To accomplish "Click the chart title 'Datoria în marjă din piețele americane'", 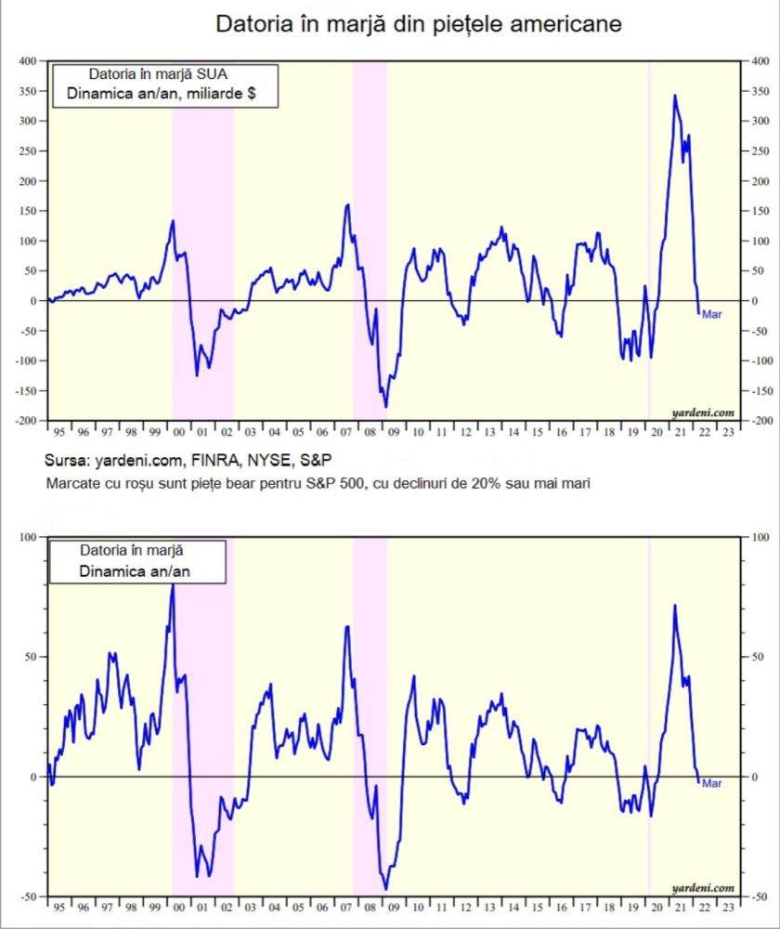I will coord(419,23).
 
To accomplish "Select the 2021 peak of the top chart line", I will coord(675,95).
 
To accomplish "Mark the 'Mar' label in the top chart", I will coord(712,314).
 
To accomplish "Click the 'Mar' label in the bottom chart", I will coord(712,783).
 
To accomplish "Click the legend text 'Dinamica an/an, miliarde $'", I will coord(162,94).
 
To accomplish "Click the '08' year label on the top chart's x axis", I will coord(367,432).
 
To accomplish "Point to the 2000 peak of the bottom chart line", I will coord(172,586).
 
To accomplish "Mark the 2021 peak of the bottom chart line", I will coord(674,605).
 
